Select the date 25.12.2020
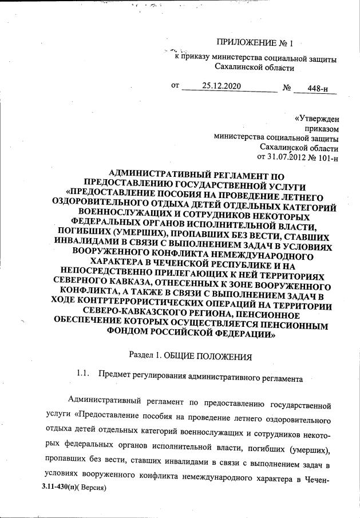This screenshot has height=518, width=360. [x=221, y=86]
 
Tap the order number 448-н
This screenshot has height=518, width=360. [x=318, y=88]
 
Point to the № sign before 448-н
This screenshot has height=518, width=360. [x=287, y=88]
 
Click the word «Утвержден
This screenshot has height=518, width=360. [x=316, y=119]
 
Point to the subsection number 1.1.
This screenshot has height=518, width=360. [x=84, y=375]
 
